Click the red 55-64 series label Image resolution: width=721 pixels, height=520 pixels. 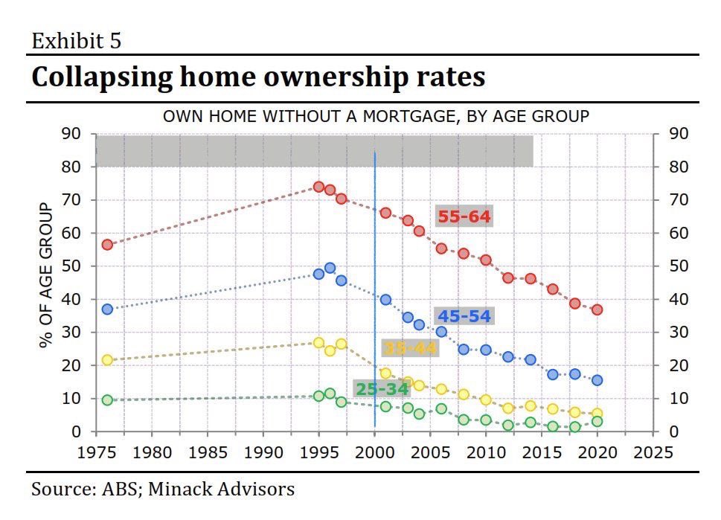point(464,216)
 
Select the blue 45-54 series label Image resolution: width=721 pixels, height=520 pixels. point(464,316)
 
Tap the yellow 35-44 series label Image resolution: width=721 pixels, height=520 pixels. point(409,347)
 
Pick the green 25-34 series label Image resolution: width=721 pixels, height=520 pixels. point(382,389)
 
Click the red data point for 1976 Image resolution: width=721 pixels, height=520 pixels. point(107,245)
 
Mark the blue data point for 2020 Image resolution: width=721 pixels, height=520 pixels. point(597,380)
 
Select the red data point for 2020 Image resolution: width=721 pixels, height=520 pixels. point(597,309)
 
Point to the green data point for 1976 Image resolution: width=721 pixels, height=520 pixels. point(107,400)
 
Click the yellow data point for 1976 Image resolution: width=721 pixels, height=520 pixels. point(107,360)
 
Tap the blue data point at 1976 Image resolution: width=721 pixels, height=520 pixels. point(107,309)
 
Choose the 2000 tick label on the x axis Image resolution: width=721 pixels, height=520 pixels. point(374,452)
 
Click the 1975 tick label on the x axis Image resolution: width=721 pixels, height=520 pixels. point(96,452)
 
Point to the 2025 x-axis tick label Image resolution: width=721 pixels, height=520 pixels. point(653,452)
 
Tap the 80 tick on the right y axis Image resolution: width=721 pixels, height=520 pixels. point(670,167)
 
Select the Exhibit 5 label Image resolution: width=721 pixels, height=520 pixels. point(76,40)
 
